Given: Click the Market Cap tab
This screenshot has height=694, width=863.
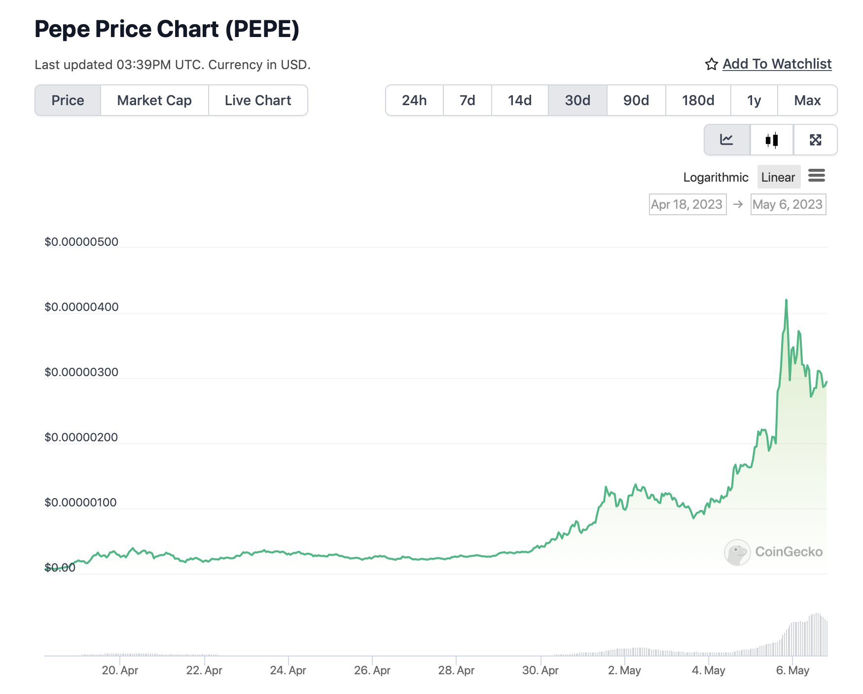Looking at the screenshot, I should coord(154,101).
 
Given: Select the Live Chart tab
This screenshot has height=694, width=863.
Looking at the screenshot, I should coord(258,101).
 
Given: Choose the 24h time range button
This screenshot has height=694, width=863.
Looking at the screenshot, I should coord(414,101).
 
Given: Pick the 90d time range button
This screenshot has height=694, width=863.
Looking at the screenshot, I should coord(636,101).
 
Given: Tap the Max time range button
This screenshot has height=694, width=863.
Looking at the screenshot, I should coord(807,101).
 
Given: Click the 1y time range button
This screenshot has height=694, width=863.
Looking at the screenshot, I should coord(754,101).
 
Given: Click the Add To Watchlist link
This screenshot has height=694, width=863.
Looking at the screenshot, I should coord(777,64).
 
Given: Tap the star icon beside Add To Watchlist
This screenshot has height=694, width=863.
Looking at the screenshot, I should coord(711,64).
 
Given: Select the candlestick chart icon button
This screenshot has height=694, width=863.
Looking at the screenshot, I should coord(772,140).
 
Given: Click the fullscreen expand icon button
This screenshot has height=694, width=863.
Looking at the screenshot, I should coord(815,140).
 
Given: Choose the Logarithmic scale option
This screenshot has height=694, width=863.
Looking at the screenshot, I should coord(716,177).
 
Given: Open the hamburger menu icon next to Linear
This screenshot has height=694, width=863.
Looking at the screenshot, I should coord(817,175).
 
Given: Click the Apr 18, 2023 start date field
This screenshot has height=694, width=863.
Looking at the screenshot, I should coord(687,204).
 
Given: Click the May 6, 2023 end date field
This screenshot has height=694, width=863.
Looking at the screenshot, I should coord(788,204).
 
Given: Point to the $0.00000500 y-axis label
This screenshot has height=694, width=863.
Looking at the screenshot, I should coord(81,242).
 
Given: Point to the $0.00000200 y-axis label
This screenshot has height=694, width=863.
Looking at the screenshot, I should coord(81,437).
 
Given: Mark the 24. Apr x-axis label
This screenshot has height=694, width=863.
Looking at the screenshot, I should coord(288,670).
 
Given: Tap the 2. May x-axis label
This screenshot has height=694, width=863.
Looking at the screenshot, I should coord(624,670).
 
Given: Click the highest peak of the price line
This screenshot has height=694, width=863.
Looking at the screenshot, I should coord(786,300).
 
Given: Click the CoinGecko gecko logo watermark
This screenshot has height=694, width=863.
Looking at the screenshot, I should coord(737,552).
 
